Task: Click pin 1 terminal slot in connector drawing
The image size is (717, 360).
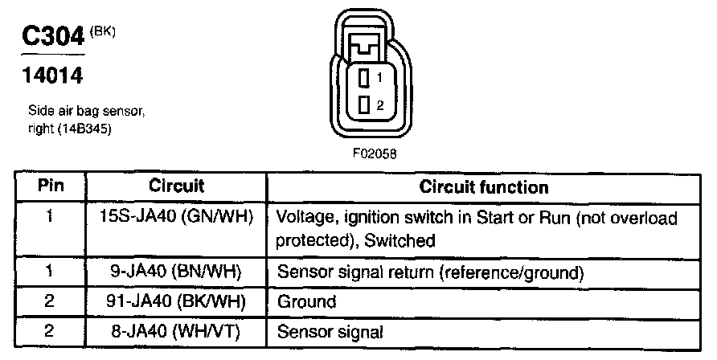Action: click(x=364, y=79)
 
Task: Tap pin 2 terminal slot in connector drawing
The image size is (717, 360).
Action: click(x=364, y=104)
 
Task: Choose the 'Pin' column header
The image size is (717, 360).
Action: click(x=50, y=186)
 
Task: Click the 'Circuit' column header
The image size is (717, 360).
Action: click(x=176, y=186)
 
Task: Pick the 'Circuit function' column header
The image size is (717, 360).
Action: click(x=484, y=187)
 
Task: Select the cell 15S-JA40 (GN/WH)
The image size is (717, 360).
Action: click(x=176, y=217)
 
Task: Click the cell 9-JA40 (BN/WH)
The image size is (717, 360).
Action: click(x=176, y=272)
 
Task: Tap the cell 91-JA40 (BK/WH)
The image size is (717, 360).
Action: click(x=176, y=302)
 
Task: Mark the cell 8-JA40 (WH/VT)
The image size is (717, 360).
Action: click(x=176, y=330)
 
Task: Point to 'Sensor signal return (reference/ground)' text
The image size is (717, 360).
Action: click(x=429, y=272)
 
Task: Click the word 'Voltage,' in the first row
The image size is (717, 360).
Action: click(x=303, y=218)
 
